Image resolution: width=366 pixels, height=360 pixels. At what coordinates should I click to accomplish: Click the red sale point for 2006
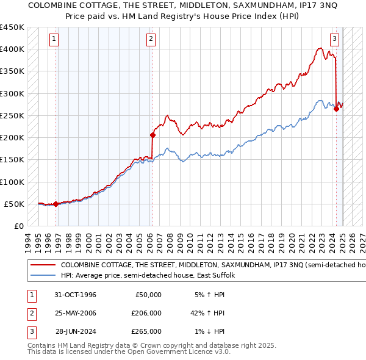pos(152,135)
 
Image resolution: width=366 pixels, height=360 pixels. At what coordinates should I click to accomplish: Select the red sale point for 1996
pos(56,204)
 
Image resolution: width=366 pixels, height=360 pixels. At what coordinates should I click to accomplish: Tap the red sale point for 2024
pos(336,109)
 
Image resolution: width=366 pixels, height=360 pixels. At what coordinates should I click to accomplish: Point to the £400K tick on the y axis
pos(12,49)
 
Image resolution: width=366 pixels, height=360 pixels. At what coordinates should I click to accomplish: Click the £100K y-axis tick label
pos(12,182)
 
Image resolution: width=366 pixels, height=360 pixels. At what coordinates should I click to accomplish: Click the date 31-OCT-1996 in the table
pos(76,295)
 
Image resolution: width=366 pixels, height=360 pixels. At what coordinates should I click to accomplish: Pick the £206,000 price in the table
pos(147,313)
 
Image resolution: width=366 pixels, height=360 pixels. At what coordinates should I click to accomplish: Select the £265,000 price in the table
pos(147,331)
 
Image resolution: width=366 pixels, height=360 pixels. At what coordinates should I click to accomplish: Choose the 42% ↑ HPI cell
pos(208,313)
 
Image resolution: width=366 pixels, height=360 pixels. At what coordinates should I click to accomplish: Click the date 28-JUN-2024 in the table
pos(76,331)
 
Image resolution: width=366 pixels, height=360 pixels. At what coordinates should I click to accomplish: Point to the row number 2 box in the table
pos(30,313)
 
